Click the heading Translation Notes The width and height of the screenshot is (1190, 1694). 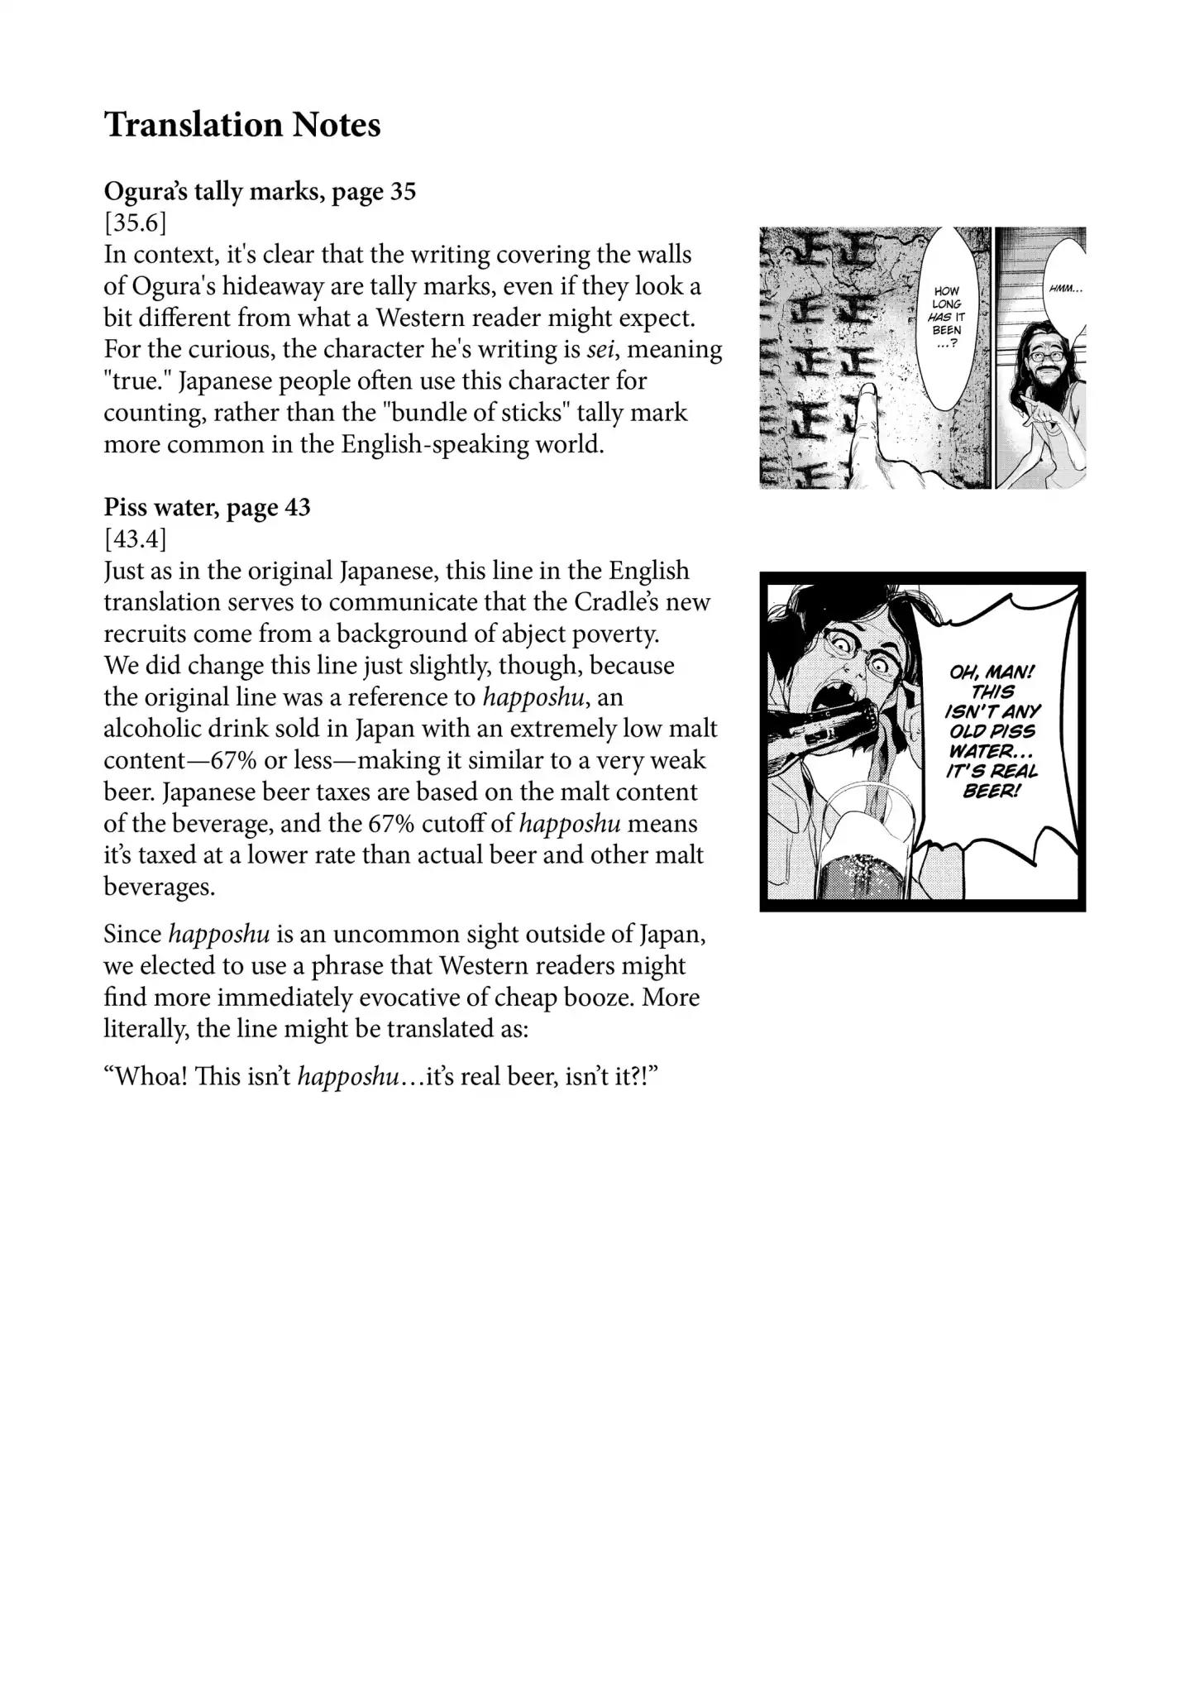[242, 125]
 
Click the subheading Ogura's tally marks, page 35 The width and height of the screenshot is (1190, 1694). [260, 192]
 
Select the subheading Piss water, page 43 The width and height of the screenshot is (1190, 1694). [207, 507]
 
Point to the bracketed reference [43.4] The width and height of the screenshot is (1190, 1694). [135, 538]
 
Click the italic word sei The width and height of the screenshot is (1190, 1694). [598, 349]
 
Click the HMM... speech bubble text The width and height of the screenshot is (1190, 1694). [1064, 290]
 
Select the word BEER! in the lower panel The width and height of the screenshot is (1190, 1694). [990, 792]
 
